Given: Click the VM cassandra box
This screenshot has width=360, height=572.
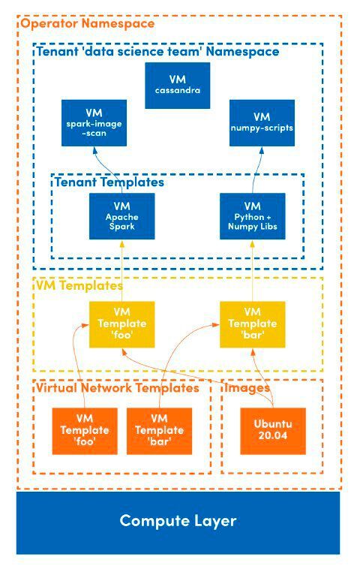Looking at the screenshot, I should [177, 86].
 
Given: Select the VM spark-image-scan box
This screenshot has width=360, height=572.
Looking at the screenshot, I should [94, 123].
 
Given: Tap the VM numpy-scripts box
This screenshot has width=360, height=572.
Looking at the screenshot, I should [261, 123].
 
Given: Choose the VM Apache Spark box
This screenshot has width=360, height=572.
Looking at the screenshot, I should [121, 216].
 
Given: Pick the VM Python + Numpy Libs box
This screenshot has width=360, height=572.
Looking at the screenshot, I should [252, 216].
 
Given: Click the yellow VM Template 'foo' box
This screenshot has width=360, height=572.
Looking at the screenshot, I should [121, 324].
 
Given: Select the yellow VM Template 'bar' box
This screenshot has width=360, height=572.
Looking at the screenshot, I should [252, 324].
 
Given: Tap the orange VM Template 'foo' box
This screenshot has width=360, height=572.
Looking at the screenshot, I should [85, 430].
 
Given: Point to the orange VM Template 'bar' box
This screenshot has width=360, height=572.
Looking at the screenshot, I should [160, 430].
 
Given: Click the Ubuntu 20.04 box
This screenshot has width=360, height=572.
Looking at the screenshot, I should [272, 430].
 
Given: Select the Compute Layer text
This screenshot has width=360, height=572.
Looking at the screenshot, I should [178, 521].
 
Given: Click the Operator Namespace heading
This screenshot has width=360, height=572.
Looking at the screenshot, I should [87, 24].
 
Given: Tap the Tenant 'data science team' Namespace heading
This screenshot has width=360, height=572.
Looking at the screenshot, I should [157, 52].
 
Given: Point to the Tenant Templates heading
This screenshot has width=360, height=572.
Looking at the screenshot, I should [108, 182].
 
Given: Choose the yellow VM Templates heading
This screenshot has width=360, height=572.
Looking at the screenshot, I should [79, 285].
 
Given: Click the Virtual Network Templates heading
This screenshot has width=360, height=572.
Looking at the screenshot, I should [117, 388].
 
